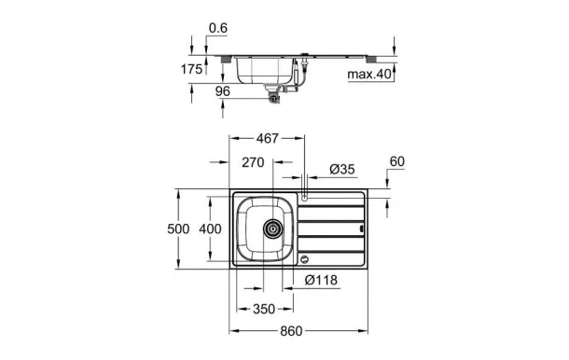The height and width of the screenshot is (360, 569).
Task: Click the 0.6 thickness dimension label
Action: pyautogui.click(x=217, y=27)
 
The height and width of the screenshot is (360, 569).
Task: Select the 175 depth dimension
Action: pyautogui.click(x=192, y=69)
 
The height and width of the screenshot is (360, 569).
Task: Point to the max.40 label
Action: pyautogui.click(x=368, y=74)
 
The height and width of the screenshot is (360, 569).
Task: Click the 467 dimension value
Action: pyautogui.click(x=268, y=139)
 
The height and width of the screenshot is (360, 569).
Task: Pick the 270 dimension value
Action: pyautogui.click(x=252, y=161)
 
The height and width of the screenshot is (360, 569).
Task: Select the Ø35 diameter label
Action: pyautogui.click(x=342, y=169)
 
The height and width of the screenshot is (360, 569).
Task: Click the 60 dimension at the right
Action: pyautogui.click(x=397, y=162)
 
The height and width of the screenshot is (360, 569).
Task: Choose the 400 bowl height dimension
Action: pyautogui.click(x=211, y=228)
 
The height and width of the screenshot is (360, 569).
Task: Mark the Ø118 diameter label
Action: pyautogui.click(x=320, y=279)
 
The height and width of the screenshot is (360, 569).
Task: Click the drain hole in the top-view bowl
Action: pyautogui.click(x=273, y=228)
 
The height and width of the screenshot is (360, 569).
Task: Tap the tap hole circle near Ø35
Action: pyautogui.click(x=304, y=196)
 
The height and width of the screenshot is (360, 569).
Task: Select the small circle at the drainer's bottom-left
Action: pyautogui.click(x=304, y=258)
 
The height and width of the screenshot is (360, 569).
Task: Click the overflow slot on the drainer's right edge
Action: pyautogui.click(x=362, y=226)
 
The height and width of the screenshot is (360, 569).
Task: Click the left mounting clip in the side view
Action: pyautogui.click(x=227, y=57)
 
